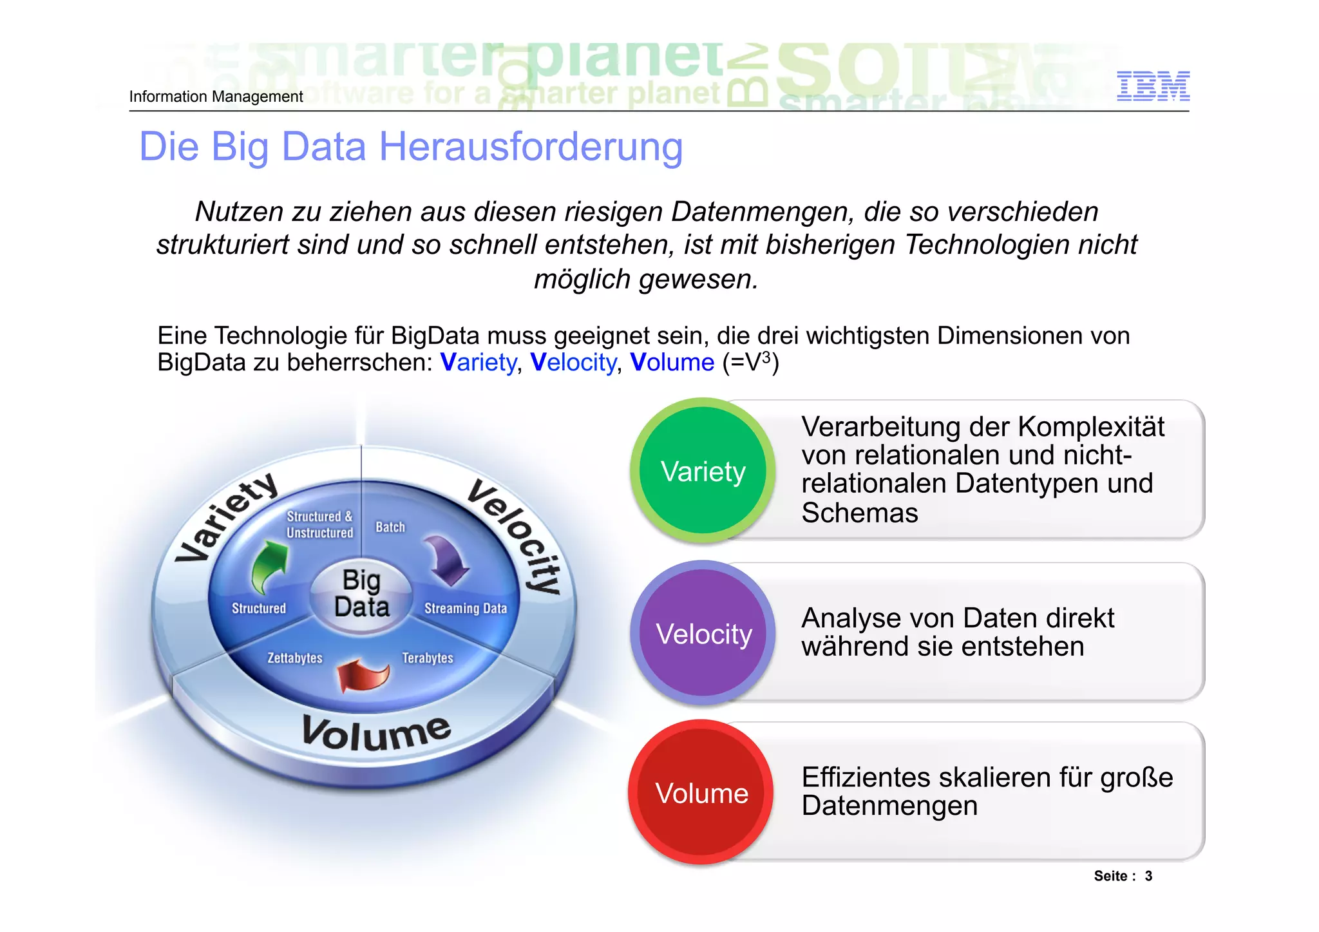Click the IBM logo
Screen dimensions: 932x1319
click(x=1153, y=86)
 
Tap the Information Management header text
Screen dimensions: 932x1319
click(x=216, y=97)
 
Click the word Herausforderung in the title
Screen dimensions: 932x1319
click(x=531, y=147)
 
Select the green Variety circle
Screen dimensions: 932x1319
click(x=703, y=471)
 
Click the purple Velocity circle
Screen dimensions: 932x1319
click(x=703, y=633)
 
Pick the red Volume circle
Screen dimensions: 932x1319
click(x=701, y=793)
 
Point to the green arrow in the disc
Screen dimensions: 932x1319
click(x=269, y=565)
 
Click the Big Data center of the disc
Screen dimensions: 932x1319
click(x=361, y=594)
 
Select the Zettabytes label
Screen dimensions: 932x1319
click(x=295, y=658)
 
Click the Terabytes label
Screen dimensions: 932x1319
click(x=428, y=658)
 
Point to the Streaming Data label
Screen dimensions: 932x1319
click(x=465, y=608)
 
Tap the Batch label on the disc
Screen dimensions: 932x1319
click(x=390, y=527)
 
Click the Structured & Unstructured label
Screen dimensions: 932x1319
click(x=319, y=524)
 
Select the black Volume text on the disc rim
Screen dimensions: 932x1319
click(x=376, y=733)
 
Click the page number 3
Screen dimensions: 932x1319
click(x=1148, y=876)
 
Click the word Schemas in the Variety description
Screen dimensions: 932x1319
click(x=859, y=513)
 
